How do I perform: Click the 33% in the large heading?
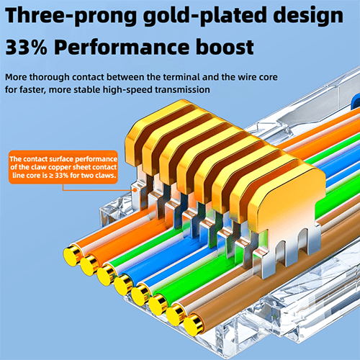pos(27,47)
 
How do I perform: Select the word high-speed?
pos(127,90)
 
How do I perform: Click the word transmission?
pos(182,90)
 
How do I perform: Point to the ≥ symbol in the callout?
pos(51,176)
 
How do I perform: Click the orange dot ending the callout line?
pos(135,190)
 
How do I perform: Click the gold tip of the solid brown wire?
pos(193,325)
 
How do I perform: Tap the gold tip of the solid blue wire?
pos(123,284)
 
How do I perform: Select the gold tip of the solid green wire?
pos(158,305)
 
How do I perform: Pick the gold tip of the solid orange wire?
pos(89,265)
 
